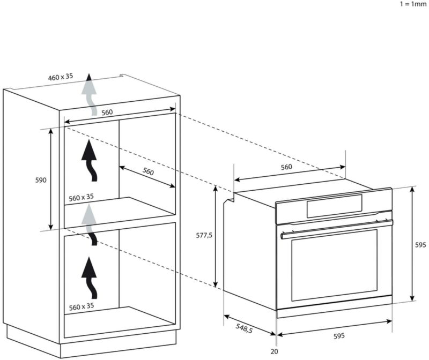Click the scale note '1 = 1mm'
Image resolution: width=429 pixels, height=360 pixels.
pyautogui.click(x=413, y=4)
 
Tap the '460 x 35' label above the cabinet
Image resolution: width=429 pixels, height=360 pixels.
pyautogui.click(x=60, y=77)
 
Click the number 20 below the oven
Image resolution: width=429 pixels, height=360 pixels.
pyautogui.click(x=275, y=351)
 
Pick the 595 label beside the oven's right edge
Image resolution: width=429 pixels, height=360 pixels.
pyautogui.click(x=421, y=244)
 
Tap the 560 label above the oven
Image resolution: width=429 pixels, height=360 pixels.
pyautogui.click(x=286, y=167)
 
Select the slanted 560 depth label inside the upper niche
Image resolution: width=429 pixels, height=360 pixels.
pyautogui.click(x=149, y=172)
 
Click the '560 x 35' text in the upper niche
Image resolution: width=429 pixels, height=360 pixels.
pyautogui.click(x=81, y=197)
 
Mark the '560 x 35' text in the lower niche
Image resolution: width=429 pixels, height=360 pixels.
pyautogui.click(x=81, y=307)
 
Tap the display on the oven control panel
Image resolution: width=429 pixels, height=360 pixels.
pyautogui.click(x=334, y=206)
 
